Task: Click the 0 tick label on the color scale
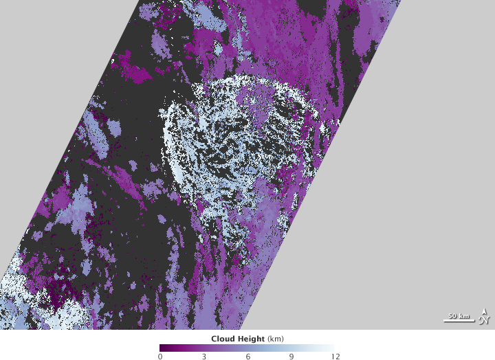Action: point(160,356)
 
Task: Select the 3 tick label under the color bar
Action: point(203,356)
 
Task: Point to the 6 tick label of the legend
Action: point(247,356)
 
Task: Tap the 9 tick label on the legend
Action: point(291,356)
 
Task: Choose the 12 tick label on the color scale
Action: point(334,356)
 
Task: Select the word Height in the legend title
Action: point(250,339)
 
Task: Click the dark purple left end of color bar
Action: point(162,348)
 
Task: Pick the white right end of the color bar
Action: point(332,348)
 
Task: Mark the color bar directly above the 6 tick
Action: point(247,348)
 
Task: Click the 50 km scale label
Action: point(457,316)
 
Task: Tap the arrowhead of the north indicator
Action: point(485,311)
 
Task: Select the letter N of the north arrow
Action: point(485,319)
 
